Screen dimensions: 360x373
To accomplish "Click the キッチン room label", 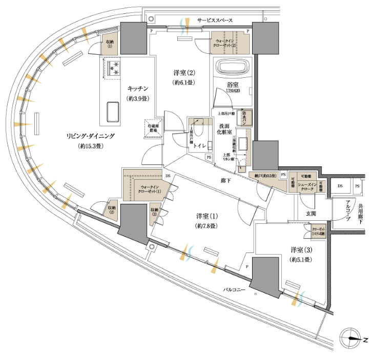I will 138,88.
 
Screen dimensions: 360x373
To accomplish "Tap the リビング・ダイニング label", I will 91,136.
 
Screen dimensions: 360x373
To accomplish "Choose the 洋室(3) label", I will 301,250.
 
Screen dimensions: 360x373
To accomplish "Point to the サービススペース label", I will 215,20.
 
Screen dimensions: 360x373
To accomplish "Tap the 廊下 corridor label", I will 225,180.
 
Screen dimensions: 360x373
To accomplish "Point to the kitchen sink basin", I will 113,112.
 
